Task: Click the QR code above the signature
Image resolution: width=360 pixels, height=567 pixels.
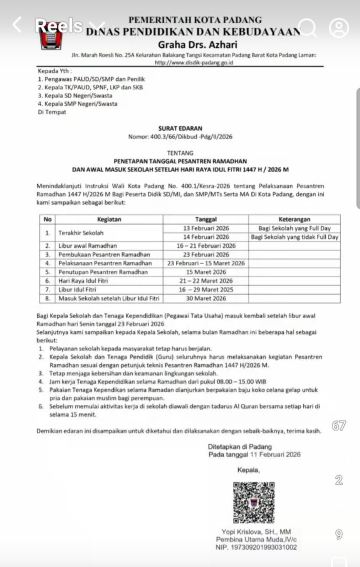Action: click(x=253, y=503)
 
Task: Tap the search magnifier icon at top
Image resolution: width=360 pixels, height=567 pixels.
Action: click(x=308, y=26)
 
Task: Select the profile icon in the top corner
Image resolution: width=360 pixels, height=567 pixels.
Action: click(x=339, y=26)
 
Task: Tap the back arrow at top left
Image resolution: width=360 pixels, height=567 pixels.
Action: click(x=17, y=24)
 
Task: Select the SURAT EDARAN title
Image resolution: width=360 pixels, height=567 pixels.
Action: click(x=180, y=128)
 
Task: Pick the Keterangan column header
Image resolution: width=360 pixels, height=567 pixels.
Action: click(x=294, y=219)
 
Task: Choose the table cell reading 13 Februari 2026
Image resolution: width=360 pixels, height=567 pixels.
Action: click(x=206, y=228)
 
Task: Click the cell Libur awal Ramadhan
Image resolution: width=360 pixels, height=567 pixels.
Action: click(x=88, y=246)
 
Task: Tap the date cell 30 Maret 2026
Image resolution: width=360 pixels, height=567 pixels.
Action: click(x=206, y=298)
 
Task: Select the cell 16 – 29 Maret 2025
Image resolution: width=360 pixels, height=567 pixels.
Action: click(x=206, y=290)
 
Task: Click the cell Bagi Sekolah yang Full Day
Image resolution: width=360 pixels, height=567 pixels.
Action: click(x=294, y=228)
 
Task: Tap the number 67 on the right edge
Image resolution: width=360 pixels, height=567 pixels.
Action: click(x=339, y=426)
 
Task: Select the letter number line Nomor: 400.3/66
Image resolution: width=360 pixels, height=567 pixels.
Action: click(x=180, y=136)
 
